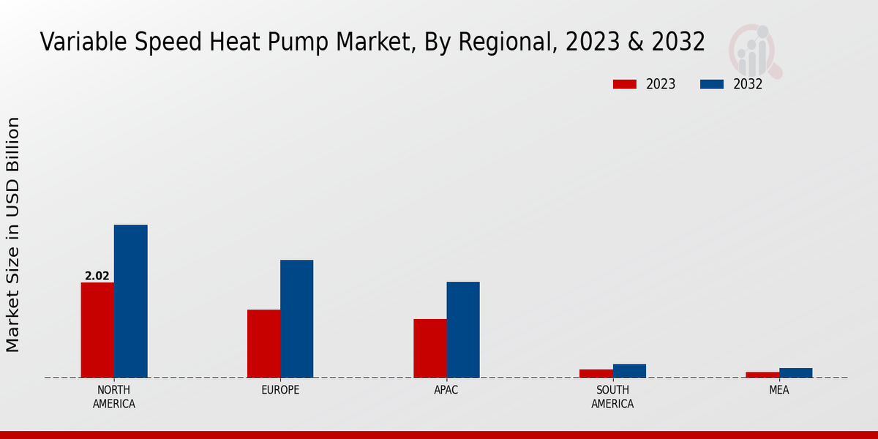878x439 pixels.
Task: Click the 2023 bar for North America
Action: [x=97, y=330]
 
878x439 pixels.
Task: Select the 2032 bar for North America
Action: [x=130, y=301]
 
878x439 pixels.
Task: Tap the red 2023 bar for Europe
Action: [x=263, y=343]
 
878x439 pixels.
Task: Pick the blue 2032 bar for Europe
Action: [x=296, y=318]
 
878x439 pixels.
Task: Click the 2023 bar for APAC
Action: [x=429, y=348]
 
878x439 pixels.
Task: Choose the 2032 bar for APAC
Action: [x=463, y=329]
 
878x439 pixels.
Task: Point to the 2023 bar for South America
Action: [x=596, y=373]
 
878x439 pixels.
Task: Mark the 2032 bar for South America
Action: [x=629, y=371]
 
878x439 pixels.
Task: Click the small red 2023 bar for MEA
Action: [x=762, y=375]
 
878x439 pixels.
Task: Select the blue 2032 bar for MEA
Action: [x=795, y=372]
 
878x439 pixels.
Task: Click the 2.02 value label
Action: [x=97, y=276]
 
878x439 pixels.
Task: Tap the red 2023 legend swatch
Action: [x=624, y=84]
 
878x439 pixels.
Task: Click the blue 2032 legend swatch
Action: [x=711, y=84]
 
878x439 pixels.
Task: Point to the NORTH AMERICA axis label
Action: [x=114, y=397]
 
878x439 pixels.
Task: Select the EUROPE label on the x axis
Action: [x=280, y=390]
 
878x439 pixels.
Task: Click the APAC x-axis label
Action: [x=446, y=390]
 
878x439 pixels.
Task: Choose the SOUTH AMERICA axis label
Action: [x=612, y=397]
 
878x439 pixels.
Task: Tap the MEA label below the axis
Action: [x=778, y=390]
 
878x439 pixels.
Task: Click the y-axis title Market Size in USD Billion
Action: [x=13, y=234]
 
